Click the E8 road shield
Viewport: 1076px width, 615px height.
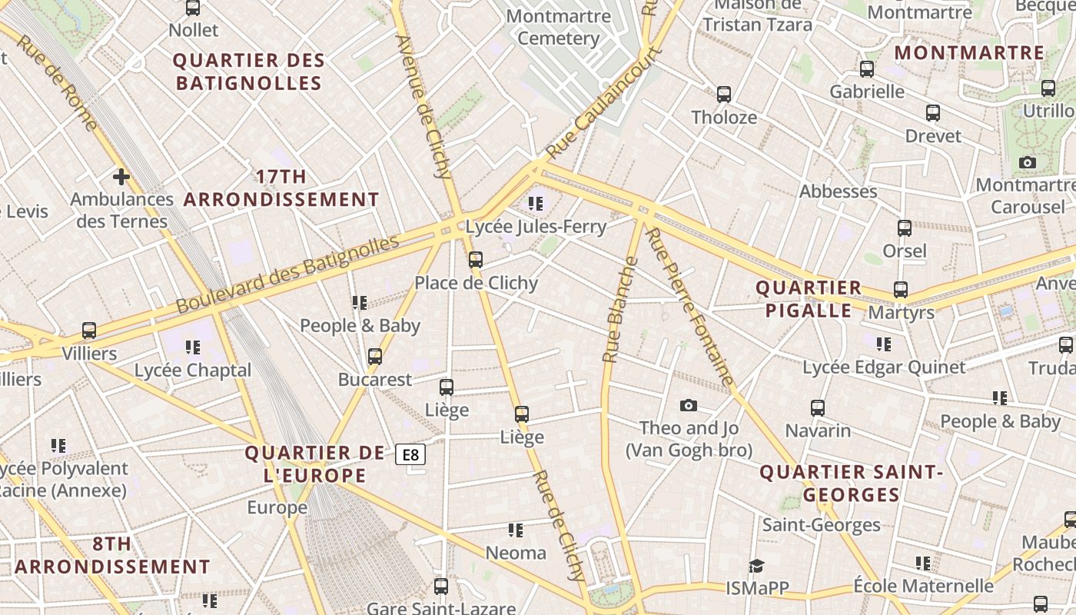pyautogui.click(x=410, y=454)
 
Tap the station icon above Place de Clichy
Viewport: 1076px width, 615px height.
pyautogui.click(x=476, y=260)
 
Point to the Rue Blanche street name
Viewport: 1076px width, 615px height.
pyautogui.click(x=621, y=310)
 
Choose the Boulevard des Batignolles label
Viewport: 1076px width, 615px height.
pyautogui.click(x=287, y=274)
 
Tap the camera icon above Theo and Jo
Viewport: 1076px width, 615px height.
pyautogui.click(x=689, y=405)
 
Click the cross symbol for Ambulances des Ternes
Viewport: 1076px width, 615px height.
pyautogui.click(x=121, y=177)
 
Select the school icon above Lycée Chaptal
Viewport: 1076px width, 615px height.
pyautogui.click(x=192, y=347)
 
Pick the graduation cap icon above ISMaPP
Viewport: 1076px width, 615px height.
pyautogui.click(x=757, y=566)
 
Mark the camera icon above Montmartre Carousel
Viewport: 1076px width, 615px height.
pyautogui.click(x=1027, y=162)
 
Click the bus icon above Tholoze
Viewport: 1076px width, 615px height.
pyautogui.click(x=724, y=95)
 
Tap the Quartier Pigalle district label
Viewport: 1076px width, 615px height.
pyautogui.click(x=809, y=299)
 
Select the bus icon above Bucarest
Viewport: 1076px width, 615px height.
pyautogui.click(x=375, y=357)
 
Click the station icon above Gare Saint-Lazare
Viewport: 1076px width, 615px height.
pyautogui.click(x=441, y=587)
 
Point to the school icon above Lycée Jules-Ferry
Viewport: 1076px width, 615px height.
pyautogui.click(x=536, y=204)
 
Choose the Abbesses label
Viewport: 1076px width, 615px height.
pyautogui.click(x=838, y=191)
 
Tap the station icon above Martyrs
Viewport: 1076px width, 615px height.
pyautogui.click(x=901, y=290)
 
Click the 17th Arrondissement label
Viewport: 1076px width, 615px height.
pyautogui.click(x=281, y=188)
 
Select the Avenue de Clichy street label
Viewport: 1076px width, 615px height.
pyautogui.click(x=423, y=106)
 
